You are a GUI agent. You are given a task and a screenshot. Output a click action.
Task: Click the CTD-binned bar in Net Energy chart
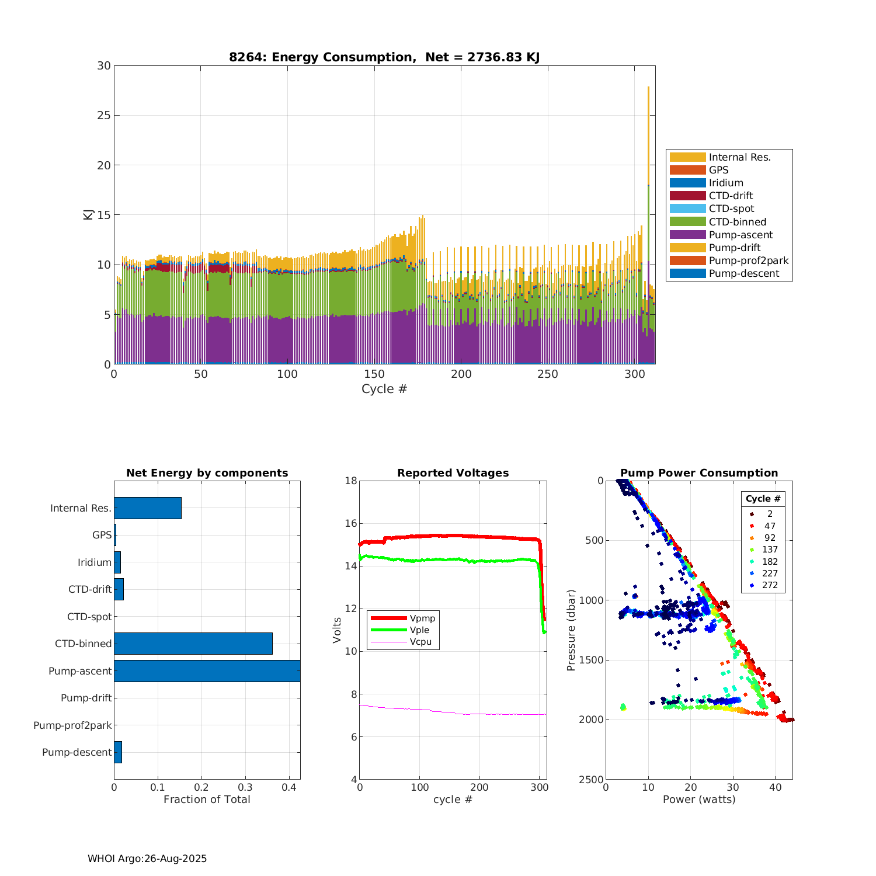pyautogui.click(x=193, y=644)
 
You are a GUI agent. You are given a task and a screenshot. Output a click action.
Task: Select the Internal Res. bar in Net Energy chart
pyautogui.click(x=148, y=508)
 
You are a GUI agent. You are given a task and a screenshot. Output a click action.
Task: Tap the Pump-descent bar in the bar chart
pyautogui.click(x=118, y=752)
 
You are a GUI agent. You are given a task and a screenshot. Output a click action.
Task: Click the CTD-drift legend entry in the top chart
pyautogui.click(x=731, y=196)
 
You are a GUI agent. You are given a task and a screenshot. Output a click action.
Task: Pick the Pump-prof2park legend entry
pyautogui.click(x=748, y=260)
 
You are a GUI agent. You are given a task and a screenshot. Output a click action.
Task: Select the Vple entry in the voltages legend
pyautogui.click(x=419, y=630)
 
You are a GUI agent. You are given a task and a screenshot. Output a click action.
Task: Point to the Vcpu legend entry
pyautogui.click(x=420, y=642)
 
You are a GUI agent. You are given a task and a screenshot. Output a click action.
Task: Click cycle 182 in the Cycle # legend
pyautogui.click(x=770, y=561)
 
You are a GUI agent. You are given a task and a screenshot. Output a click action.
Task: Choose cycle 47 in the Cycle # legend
pyautogui.click(x=770, y=526)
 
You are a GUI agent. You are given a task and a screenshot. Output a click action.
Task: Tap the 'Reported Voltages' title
pyautogui.click(x=453, y=473)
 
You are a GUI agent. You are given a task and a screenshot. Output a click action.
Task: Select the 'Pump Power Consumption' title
pyautogui.click(x=699, y=473)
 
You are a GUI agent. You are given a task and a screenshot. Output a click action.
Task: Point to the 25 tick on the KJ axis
pyautogui.click(x=104, y=115)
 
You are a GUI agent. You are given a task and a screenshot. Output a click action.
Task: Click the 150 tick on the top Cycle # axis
pyautogui.click(x=374, y=374)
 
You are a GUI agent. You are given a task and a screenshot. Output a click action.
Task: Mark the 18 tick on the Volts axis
pyautogui.click(x=351, y=481)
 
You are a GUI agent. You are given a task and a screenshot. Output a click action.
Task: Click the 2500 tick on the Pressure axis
pyautogui.click(x=591, y=780)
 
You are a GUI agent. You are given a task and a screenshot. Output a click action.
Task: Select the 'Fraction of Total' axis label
pyautogui.click(x=207, y=799)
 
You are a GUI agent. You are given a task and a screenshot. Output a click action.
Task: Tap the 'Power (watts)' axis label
pyautogui.click(x=699, y=799)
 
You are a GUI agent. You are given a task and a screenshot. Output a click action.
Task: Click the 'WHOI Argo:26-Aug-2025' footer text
pyautogui.click(x=147, y=858)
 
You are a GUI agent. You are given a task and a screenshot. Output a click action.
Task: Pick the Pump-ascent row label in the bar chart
pyautogui.click(x=80, y=671)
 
